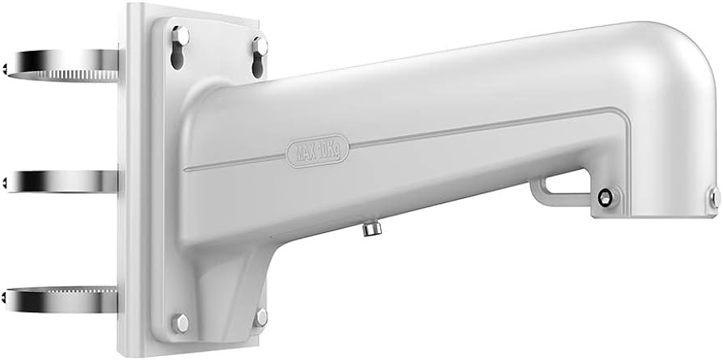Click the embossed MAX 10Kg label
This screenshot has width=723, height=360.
(317, 151)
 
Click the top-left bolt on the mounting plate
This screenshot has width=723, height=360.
(180, 36)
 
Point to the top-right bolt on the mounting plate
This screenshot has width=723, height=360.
(260, 45)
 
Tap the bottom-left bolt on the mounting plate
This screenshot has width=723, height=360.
(180, 323)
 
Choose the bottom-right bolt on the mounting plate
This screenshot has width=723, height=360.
(261, 318)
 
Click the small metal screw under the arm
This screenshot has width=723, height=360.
(372, 228)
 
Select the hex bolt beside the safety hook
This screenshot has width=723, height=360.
(605, 198)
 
